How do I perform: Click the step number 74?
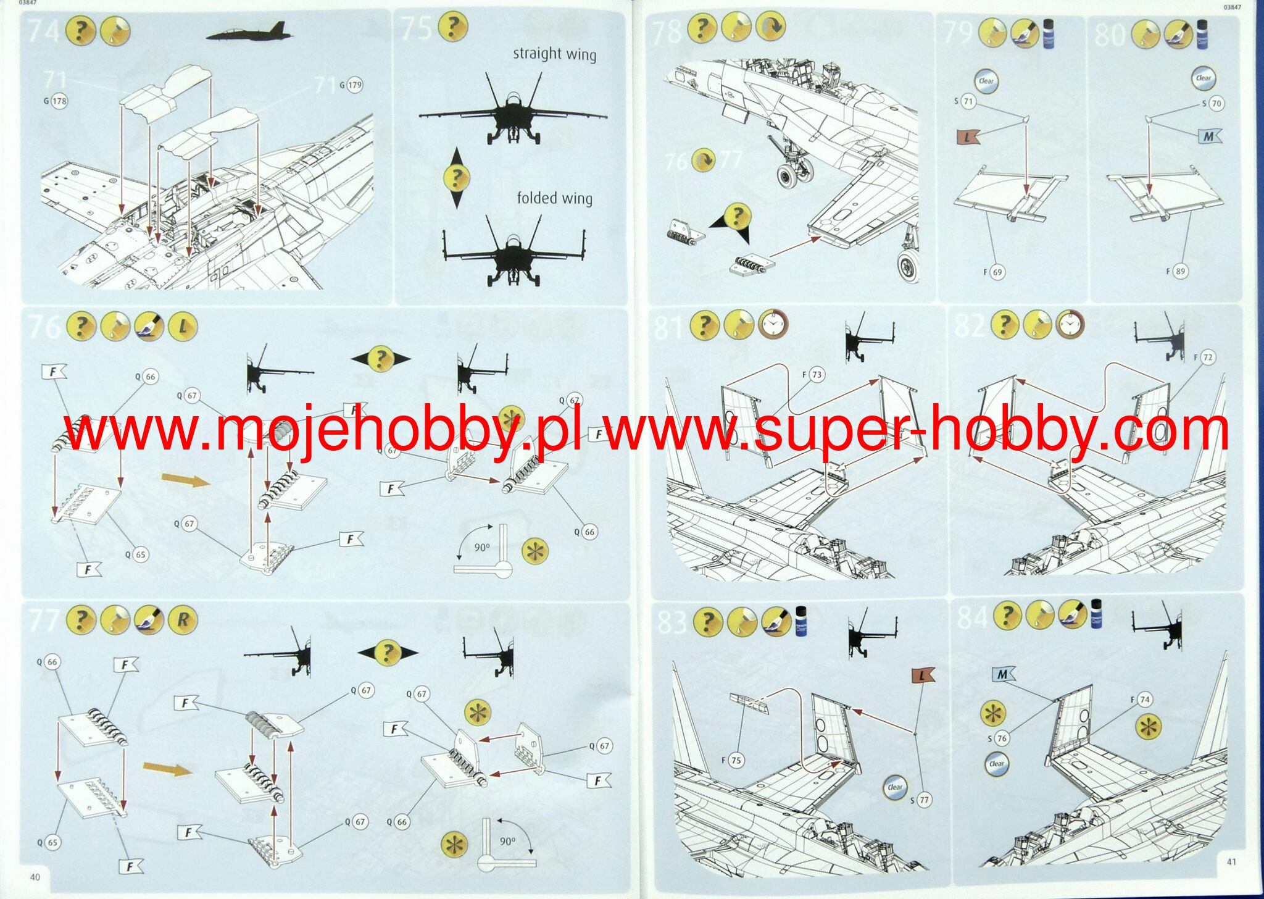pyautogui.click(x=43, y=30)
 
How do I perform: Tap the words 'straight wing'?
pyautogui.click(x=554, y=54)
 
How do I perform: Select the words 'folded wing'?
pyautogui.click(x=554, y=198)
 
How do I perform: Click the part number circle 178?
pyautogui.click(x=59, y=101)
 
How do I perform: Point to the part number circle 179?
pyautogui.click(x=355, y=85)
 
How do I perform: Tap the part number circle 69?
pyautogui.click(x=997, y=272)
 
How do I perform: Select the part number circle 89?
pyautogui.click(x=1179, y=271)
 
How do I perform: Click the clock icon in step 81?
pyautogui.click(x=773, y=325)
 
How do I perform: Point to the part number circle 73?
pyautogui.click(x=817, y=375)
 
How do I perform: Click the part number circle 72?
pyautogui.click(x=1208, y=358)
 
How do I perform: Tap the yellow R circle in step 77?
pyautogui.click(x=182, y=619)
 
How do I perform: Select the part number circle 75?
pyautogui.click(x=735, y=761)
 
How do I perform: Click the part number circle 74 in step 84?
pyautogui.click(x=1145, y=700)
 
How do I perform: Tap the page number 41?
pyautogui.click(x=1231, y=862)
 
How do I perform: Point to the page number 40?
pyautogui.click(x=35, y=877)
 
